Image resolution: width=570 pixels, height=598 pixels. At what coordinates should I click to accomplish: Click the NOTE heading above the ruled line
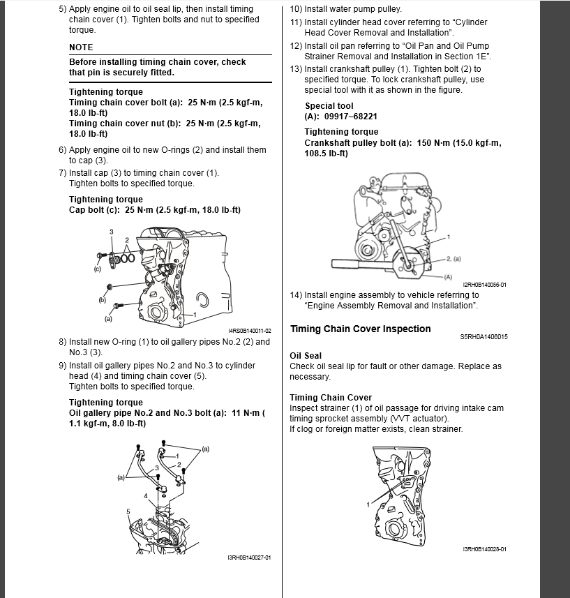tap(81, 47)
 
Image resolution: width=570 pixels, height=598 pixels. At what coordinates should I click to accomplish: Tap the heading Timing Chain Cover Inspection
tap(360, 329)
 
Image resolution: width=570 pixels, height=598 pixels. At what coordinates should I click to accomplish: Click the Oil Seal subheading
tap(306, 356)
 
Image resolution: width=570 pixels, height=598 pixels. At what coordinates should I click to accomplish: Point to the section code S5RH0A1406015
tap(483, 337)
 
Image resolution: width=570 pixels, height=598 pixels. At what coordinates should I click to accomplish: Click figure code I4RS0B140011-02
tap(249, 331)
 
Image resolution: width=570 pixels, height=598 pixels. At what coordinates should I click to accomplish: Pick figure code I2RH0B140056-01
tap(484, 285)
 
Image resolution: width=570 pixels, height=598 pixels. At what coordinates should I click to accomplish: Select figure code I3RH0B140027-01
tap(249, 558)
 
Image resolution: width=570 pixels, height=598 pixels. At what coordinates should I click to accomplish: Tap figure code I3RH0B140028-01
tap(484, 550)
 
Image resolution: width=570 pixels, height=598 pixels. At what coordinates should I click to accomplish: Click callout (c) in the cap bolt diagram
tap(98, 268)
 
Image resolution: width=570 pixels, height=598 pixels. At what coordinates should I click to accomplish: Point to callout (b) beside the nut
tap(102, 299)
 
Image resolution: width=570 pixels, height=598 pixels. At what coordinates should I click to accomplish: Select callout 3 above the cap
tap(110, 231)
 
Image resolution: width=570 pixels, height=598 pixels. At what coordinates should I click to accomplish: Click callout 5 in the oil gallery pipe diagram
tap(128, 511)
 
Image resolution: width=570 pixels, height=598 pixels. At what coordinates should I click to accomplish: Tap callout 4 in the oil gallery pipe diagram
tap(146, 496)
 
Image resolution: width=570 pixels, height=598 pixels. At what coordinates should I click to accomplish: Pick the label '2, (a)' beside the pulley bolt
tap(453, 259)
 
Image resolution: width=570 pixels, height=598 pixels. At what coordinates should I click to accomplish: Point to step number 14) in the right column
tap(296, 295)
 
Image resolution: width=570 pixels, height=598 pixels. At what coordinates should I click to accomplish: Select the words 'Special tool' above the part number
tap(329, 106)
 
